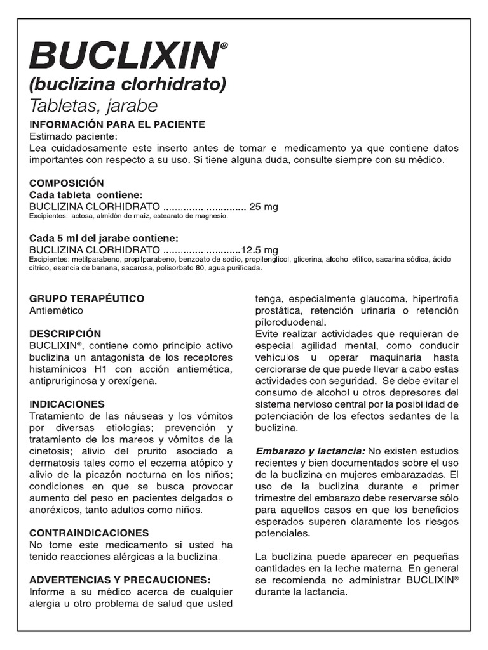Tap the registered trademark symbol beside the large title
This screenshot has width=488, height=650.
223,46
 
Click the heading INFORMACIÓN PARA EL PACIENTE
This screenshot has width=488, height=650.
117,124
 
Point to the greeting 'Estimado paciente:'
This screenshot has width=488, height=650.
74,136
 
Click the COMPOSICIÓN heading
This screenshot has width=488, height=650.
67,183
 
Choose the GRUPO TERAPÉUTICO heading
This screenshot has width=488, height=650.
87,298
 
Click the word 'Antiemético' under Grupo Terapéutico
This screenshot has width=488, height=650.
57,310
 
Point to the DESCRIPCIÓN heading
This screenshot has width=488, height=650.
65,333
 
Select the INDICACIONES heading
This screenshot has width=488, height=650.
67,404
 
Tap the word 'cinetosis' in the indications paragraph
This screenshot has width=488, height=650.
51,451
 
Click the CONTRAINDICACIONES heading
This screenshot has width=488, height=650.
90,533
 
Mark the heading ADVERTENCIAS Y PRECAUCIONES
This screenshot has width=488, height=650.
120,580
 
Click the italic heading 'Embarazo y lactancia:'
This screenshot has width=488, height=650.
309,451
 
